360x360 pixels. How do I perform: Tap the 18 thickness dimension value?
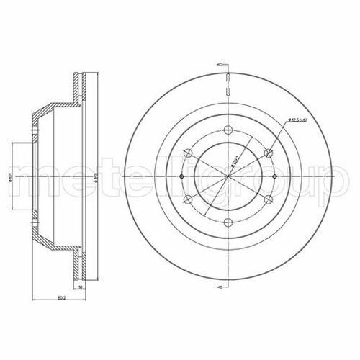pos(82,287)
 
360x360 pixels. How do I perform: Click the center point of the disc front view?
pos(227,177)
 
